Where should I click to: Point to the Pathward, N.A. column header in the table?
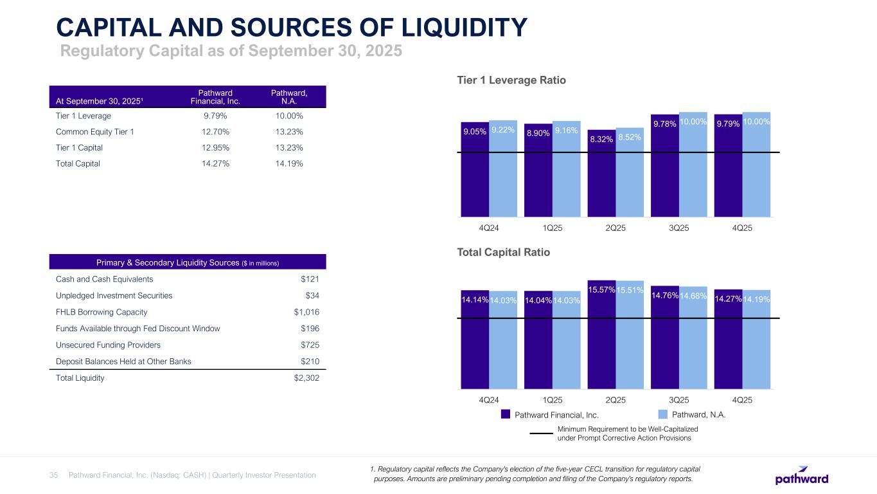290,97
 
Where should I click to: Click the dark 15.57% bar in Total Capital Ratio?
601,341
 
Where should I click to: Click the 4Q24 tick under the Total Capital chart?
490,399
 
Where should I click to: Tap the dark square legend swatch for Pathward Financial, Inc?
506,415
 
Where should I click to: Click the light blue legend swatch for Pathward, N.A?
664,415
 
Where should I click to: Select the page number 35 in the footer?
54,475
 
